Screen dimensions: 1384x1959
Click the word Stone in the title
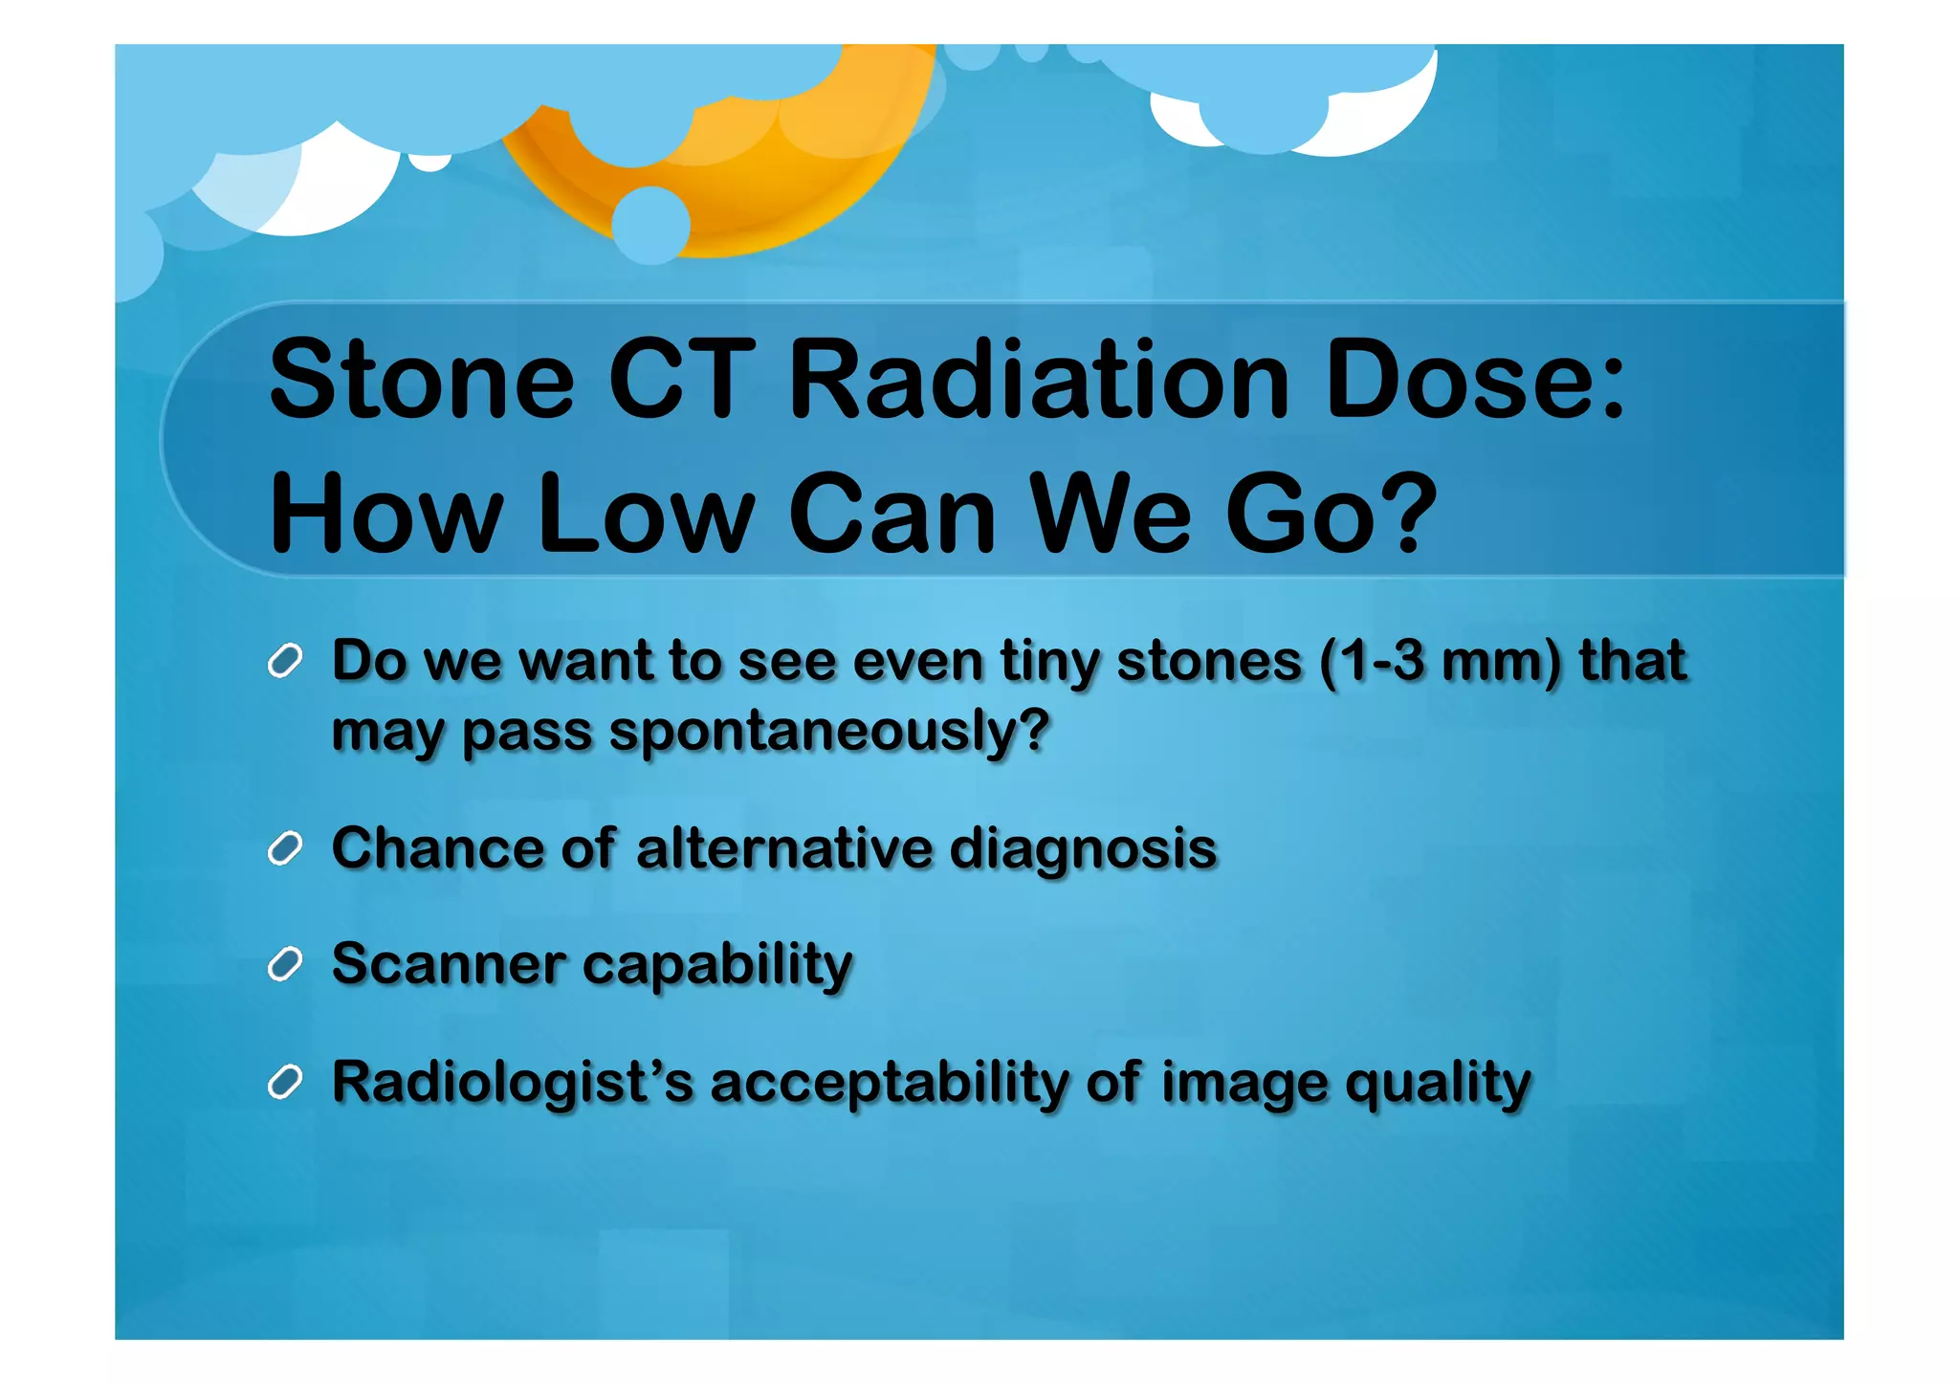421,380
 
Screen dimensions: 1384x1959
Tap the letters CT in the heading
680,380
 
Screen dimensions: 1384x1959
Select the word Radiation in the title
1038,380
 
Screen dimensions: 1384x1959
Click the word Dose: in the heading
1474,380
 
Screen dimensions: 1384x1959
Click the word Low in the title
647,514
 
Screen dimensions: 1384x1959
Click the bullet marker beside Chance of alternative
285,848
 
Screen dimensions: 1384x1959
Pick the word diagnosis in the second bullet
1083,848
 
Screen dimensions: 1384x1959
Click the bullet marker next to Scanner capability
285,964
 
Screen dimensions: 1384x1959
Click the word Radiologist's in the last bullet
512,1084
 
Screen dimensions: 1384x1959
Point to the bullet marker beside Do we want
285,661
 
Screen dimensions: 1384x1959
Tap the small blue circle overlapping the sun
650,226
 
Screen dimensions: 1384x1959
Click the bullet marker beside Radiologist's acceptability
285,1083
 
